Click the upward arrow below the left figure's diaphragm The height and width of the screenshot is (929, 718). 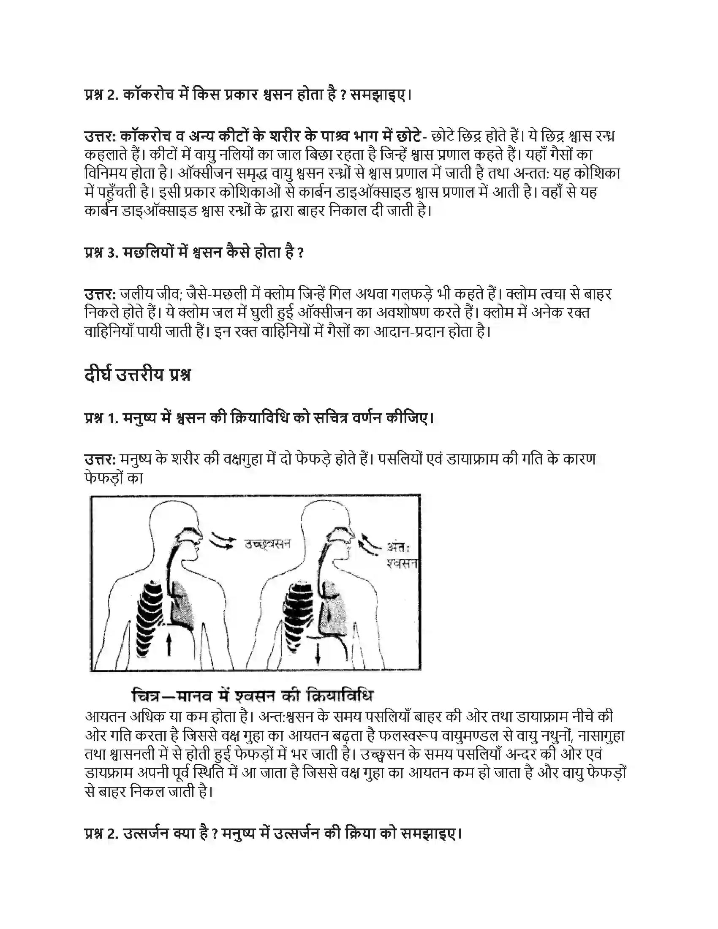[x=169, y=644]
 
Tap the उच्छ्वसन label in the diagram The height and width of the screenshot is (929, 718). [x=267, y=544]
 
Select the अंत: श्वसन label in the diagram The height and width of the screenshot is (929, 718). [x=401, y=556]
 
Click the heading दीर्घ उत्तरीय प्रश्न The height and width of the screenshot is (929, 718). [x=137, y=375]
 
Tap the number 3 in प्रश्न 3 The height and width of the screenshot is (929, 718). [x=112, y=253]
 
